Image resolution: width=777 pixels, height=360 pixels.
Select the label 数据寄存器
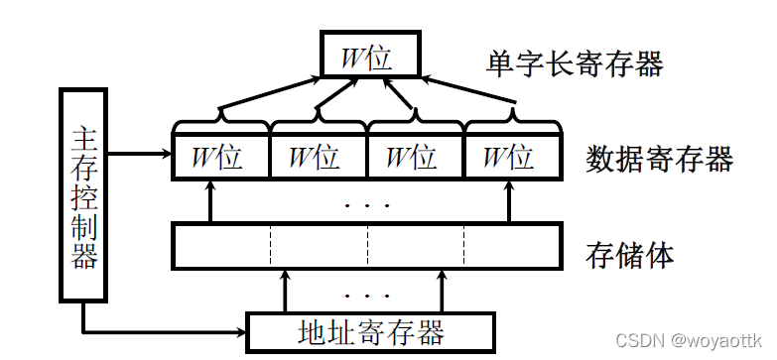[659, 158]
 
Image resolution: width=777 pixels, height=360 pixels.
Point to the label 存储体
[631, 254]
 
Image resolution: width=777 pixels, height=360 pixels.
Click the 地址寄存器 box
[369, 330]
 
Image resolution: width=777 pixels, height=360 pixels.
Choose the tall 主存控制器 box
[84, 194]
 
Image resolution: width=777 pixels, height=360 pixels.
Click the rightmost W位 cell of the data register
[512, 158]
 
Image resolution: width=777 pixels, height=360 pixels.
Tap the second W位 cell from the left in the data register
[319, 158]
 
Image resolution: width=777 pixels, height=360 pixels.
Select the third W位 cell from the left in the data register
[415, 158]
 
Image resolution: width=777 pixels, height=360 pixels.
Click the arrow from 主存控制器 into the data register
[139, 154]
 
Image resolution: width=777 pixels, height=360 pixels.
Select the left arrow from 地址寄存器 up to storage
[287, 290]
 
